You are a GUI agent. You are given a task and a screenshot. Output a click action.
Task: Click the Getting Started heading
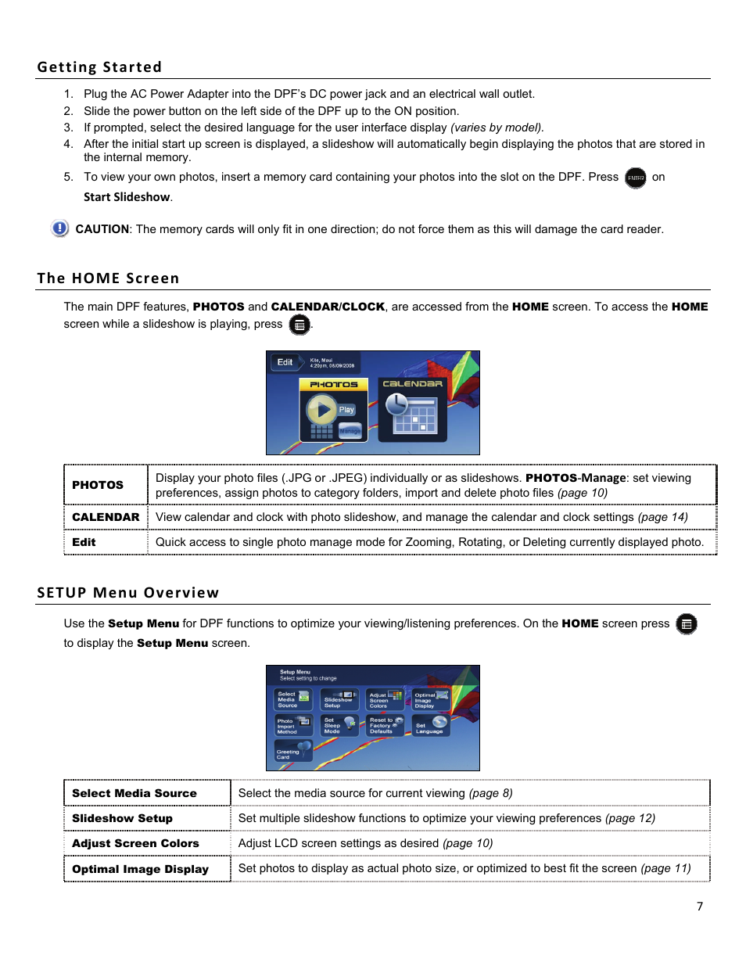(x=99, y=67)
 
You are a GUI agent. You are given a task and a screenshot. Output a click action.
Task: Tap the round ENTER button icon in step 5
(x=636, y=178)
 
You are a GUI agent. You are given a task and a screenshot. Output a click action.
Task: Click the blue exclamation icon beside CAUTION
(x=59, y=228)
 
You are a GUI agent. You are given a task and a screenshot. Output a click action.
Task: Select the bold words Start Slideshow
(x=127, y=197)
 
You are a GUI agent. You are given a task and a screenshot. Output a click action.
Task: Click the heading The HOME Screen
(x=108, y=278)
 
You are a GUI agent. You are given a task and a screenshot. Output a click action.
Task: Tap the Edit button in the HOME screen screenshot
(x=285, y=362)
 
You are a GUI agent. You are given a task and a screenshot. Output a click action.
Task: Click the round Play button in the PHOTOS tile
(x=321, y=409)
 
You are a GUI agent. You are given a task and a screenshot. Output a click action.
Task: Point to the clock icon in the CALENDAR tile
(x=396, y=404)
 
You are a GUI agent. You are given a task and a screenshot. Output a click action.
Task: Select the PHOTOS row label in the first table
(x=98, y=485)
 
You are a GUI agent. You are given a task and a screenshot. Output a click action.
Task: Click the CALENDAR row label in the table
(x=106, y=517)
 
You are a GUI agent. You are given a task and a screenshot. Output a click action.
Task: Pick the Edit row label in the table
(x=84, y=542)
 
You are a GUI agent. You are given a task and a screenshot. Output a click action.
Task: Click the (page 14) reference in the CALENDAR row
(x=662, y=517)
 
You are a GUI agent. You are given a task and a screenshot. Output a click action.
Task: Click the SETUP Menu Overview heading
(x=127, y=593)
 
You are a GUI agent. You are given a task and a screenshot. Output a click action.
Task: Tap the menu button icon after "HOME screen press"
(x=686, y=624)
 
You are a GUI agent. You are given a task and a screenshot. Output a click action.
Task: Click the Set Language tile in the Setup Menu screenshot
(x=431, y=727)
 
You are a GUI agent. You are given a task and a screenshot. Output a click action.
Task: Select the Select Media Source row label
(x=134, y=793)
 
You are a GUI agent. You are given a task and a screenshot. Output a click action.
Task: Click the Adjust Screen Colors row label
(x=135, y=843)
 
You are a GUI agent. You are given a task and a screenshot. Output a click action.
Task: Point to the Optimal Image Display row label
(x=140, y=869)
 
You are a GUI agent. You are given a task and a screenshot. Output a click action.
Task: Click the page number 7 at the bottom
(x=700, y=907)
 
